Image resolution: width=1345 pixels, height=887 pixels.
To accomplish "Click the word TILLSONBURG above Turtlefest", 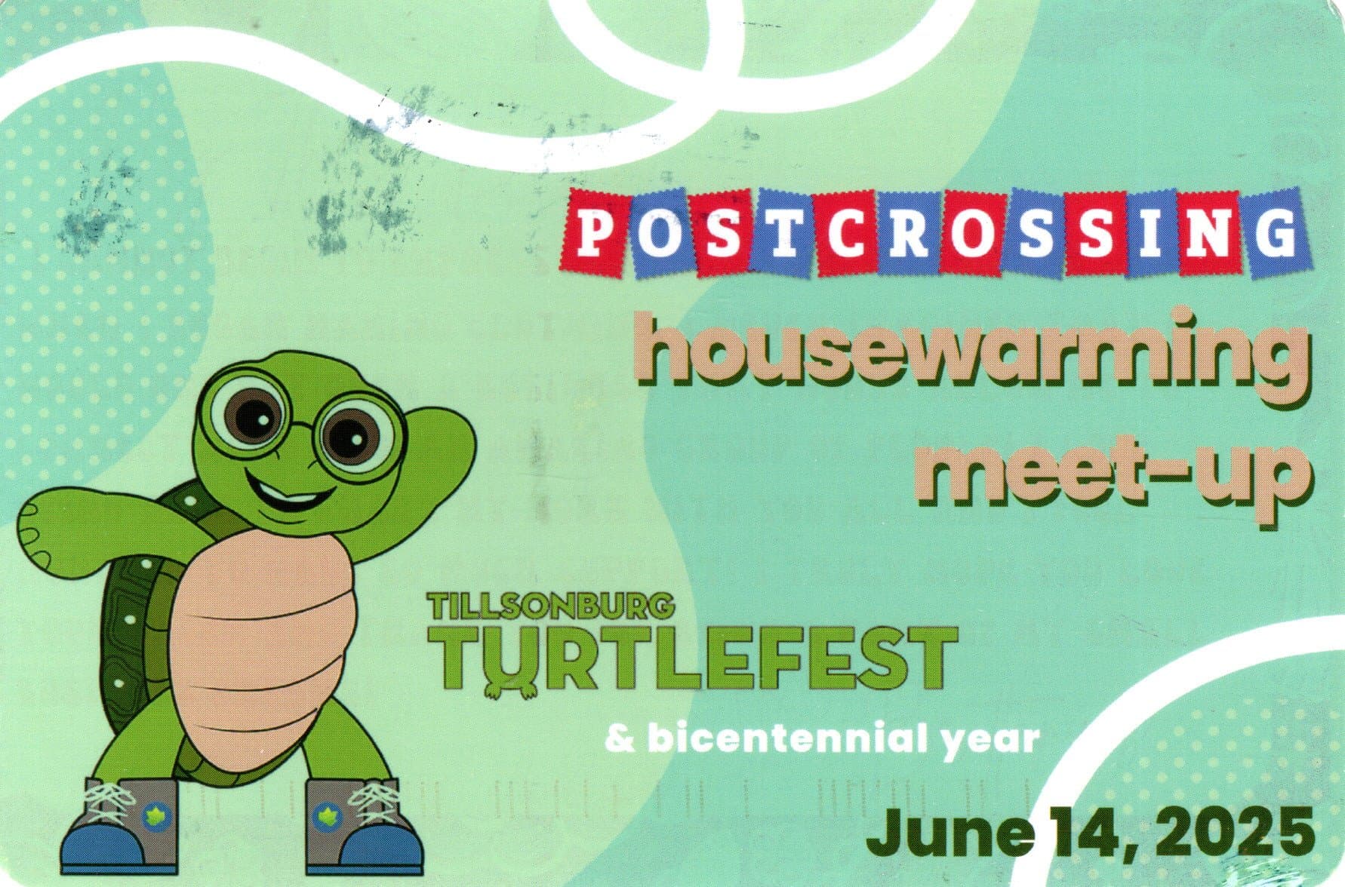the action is (x=549, y=606).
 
